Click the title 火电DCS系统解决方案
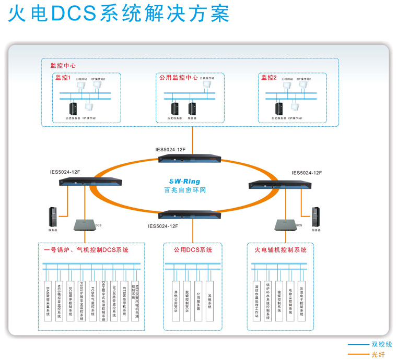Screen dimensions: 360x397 point(119,14)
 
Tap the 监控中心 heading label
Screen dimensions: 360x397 point(63,66)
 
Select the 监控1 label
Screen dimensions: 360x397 point(63,78)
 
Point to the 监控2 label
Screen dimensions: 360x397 point(268,78)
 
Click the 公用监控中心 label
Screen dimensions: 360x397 point(178,78)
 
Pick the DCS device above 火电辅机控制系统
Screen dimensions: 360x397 point(282,224)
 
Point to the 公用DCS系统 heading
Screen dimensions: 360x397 point(193,250)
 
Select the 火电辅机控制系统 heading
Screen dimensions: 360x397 point(281,250)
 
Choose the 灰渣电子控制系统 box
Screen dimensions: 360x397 point(301,300)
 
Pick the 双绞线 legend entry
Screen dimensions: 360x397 point(381,344)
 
